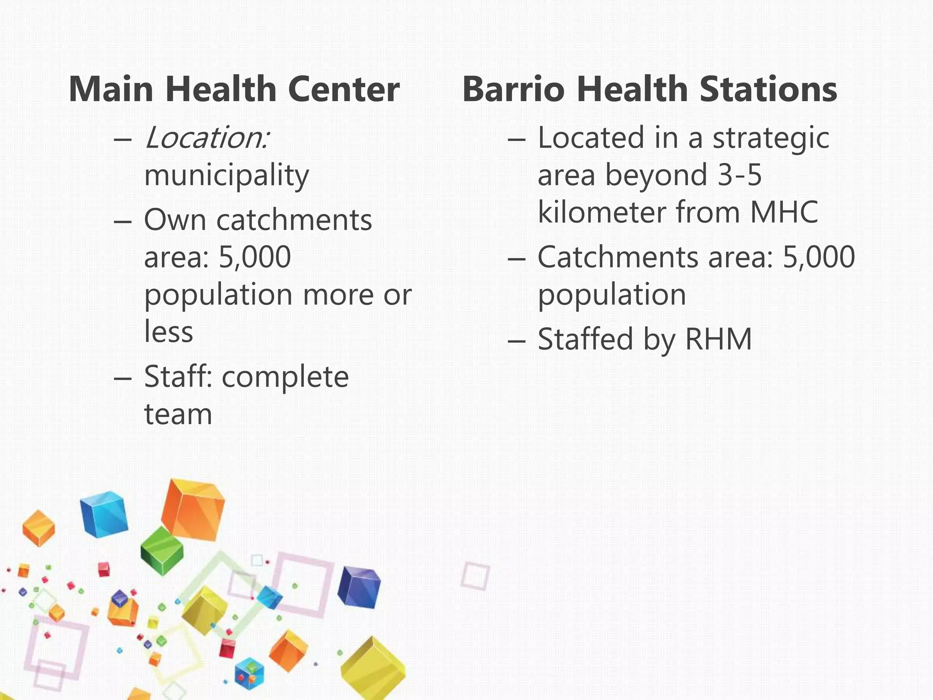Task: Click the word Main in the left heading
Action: click(x=111, y=89)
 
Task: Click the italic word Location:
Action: click(x=207, y=138)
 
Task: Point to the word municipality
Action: click(x=226, y=176)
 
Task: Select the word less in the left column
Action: click(x=169, y=332)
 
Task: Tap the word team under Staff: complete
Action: click(x=178, y=414)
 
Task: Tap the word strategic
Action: click(x=771, y=138)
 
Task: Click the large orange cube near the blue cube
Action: click(x=193, y=509)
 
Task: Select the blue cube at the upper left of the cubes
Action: click(x=104, y=514)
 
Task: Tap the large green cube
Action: click(x=161, y=551)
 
